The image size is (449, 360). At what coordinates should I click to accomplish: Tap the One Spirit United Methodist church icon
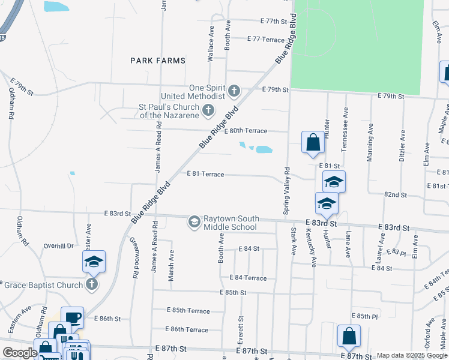point(234,92)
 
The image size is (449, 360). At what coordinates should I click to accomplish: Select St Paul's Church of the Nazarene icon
point(208,110)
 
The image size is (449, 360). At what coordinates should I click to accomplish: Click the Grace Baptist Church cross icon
point(92,284)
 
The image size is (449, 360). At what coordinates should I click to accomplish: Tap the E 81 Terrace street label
point(205,174)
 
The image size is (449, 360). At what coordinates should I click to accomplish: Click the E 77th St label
point(275,21)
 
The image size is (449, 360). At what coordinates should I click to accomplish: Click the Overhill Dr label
point(58,246)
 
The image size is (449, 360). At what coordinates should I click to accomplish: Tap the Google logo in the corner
point(19,352)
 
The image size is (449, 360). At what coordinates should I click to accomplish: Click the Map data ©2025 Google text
point(411,355)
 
